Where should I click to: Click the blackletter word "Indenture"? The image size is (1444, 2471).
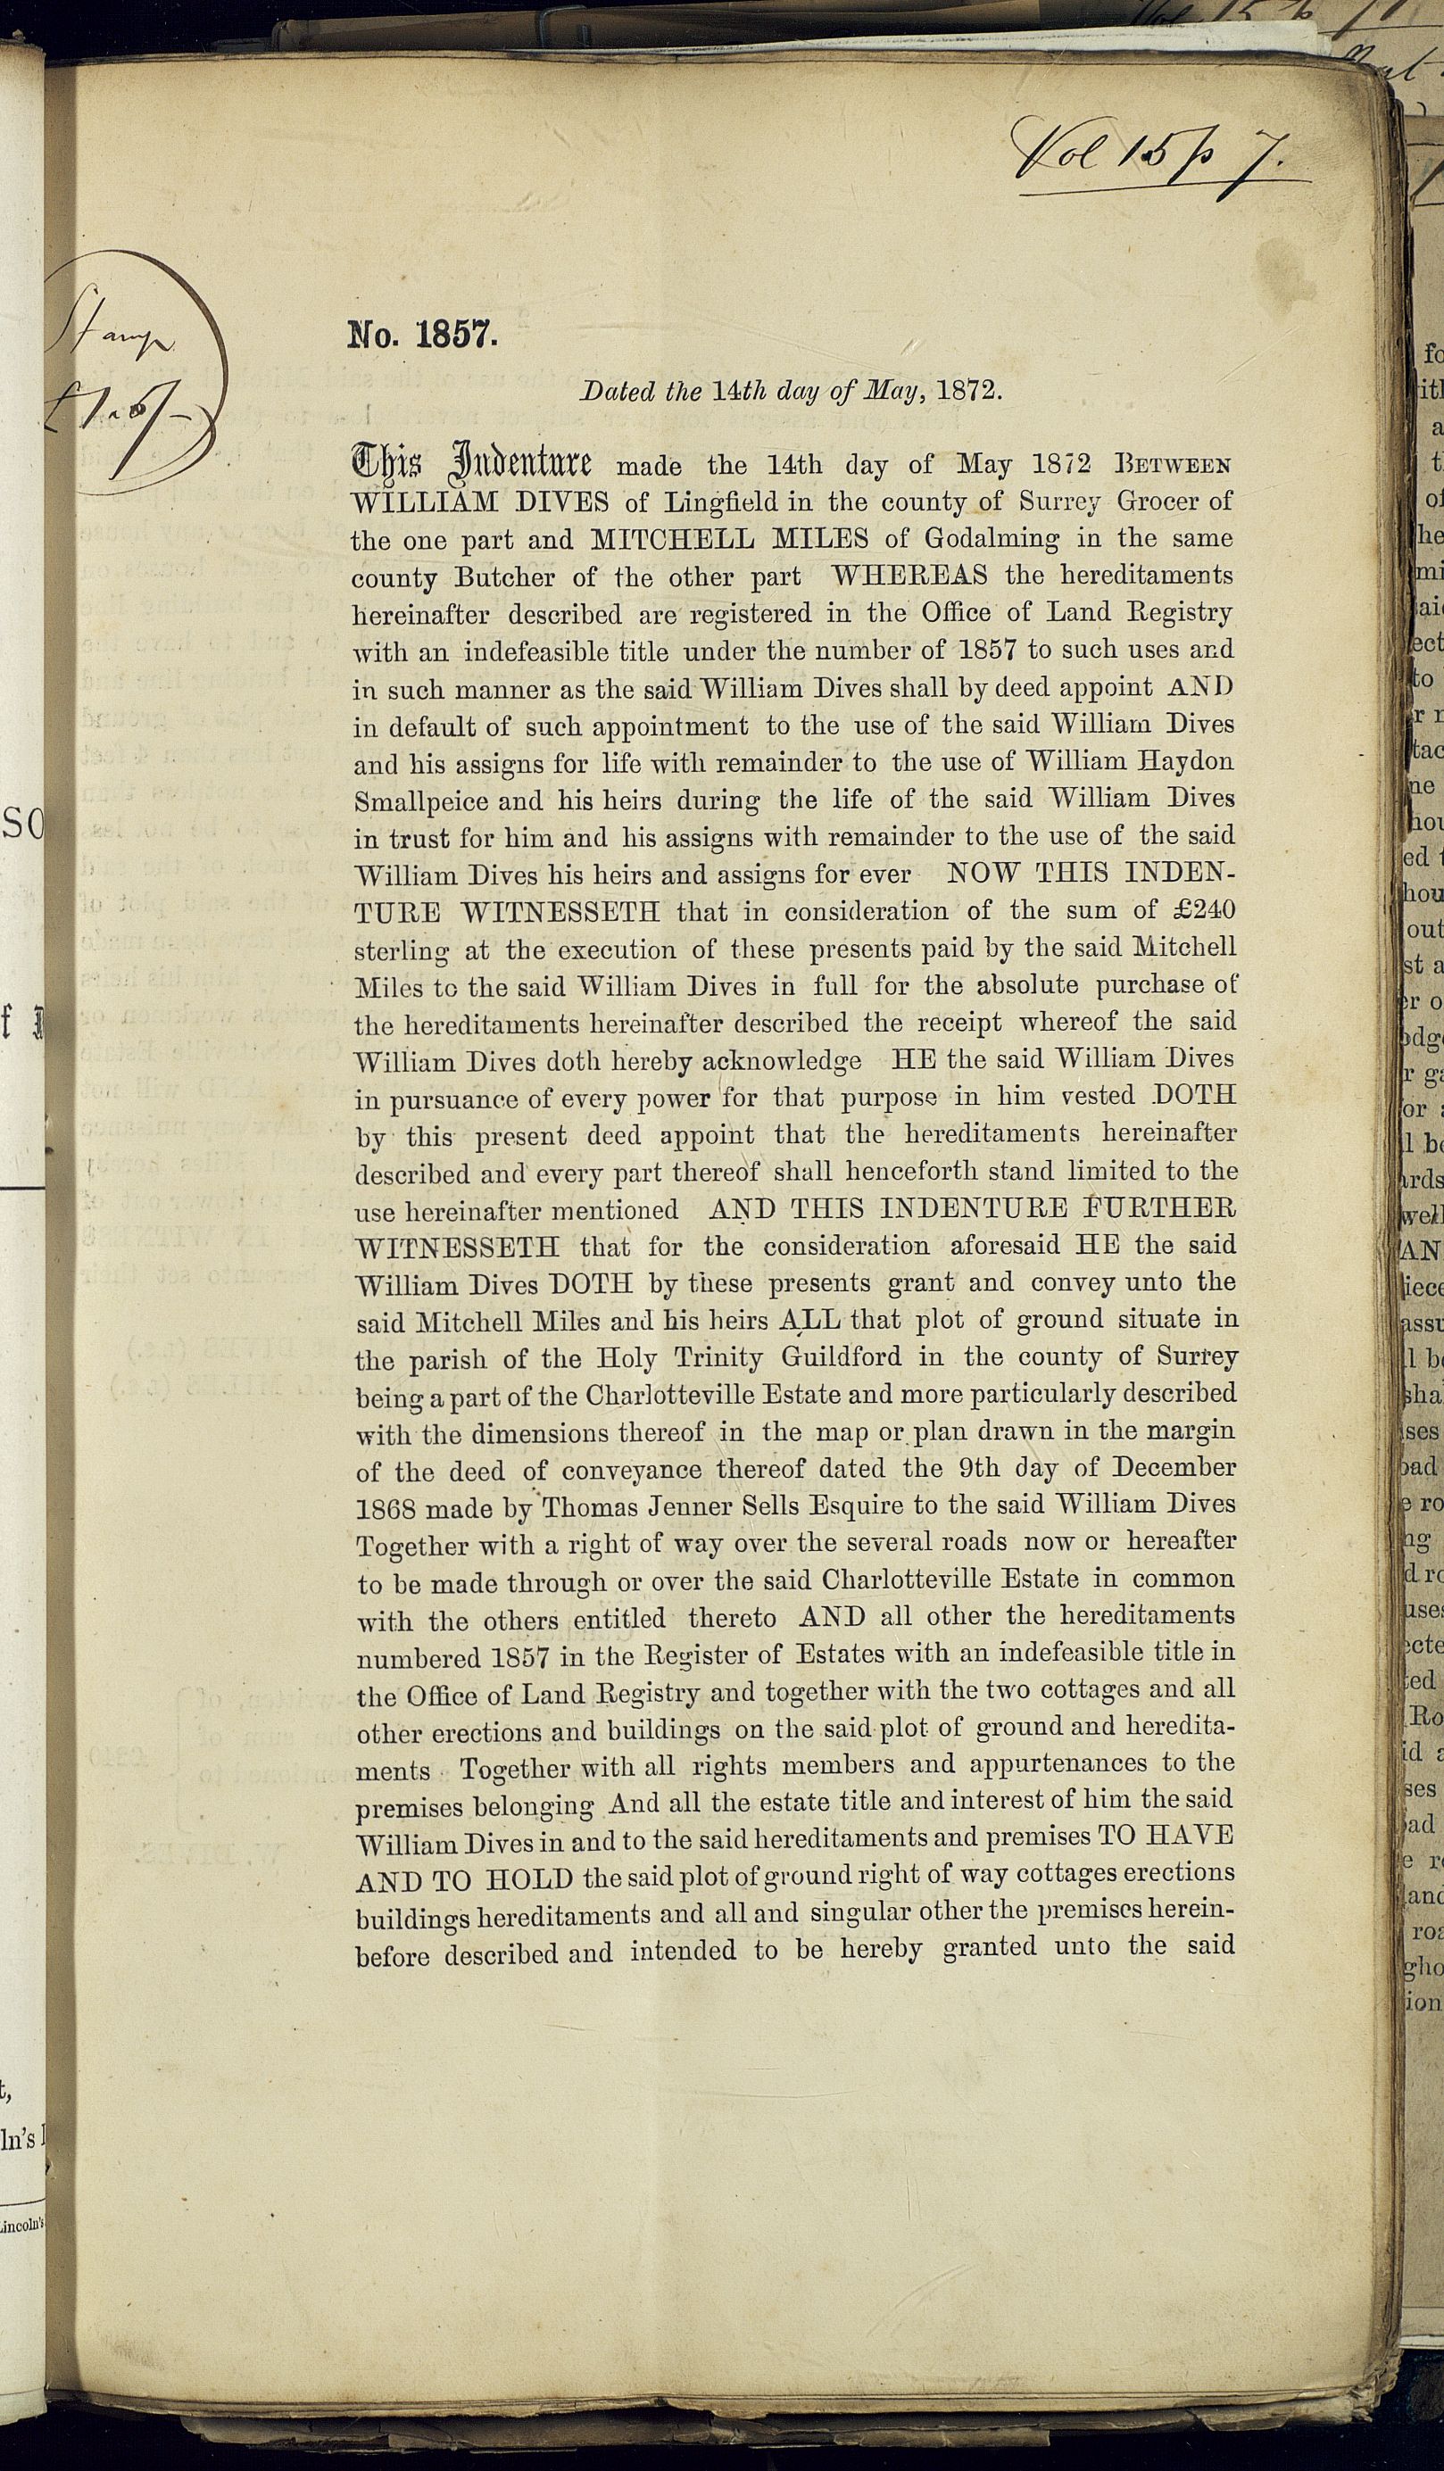tap(519, 462)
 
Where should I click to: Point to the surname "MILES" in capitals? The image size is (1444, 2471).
tap(821, 538)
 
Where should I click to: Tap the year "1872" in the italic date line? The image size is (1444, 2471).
tap(968, 390)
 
